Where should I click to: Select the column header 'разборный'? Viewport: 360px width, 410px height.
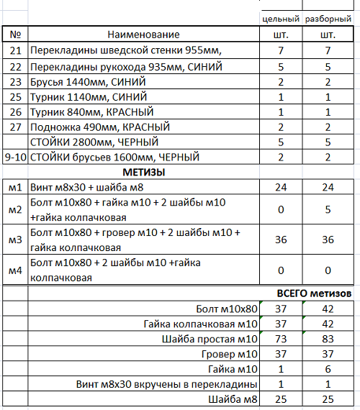coord(328,18)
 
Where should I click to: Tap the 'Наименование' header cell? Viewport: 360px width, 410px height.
coord(143,35)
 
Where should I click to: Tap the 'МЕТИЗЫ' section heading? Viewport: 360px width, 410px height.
coord(144,172)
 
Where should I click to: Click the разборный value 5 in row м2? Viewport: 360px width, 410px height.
coord(328,210)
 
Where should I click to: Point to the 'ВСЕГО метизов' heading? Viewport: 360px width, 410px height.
coord(314,293)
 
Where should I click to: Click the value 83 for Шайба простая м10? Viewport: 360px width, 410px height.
coord(328,339)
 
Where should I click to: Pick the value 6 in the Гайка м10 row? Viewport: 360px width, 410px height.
coord(328,369)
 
